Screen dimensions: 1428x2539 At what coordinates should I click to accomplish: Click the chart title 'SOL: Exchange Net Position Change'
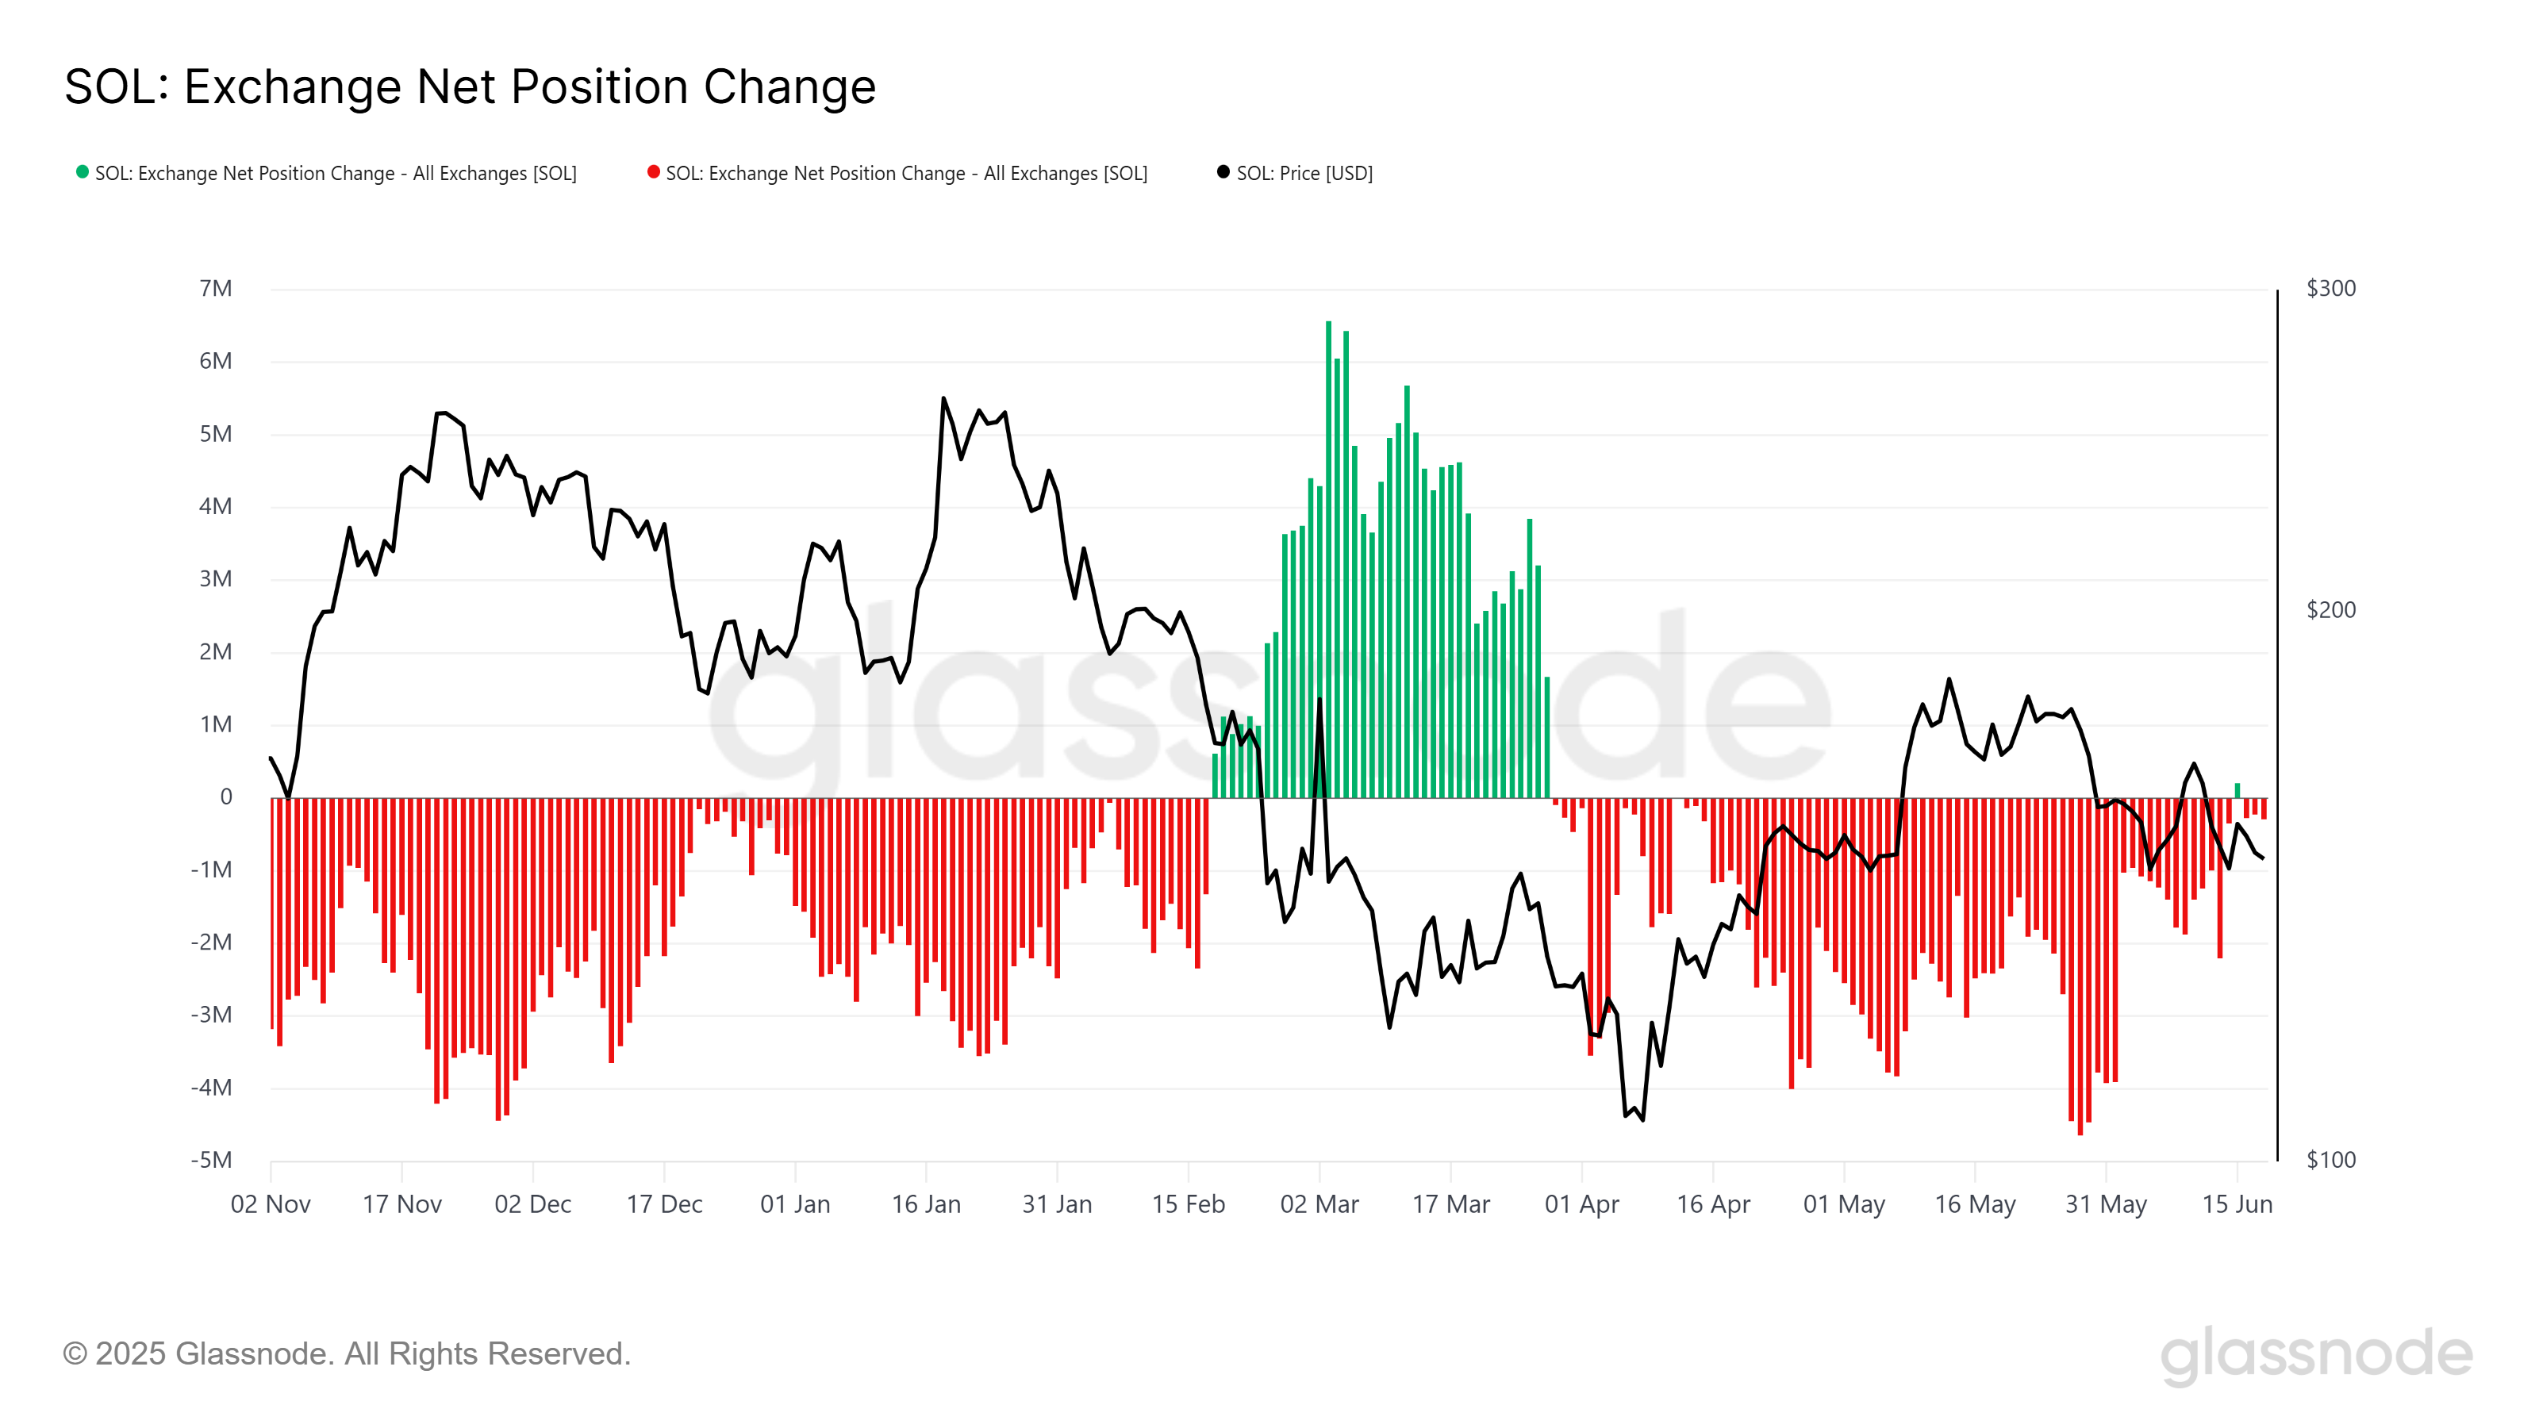coord(471,86)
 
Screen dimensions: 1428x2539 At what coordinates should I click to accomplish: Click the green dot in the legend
coord(83,172)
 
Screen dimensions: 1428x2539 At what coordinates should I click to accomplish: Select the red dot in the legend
coord(654,172)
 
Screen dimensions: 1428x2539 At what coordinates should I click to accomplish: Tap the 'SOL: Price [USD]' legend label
coord(1304,174)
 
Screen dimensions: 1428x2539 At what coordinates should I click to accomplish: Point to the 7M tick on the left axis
coord(216,289)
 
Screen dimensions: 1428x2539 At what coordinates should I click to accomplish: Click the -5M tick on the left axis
coord(212,1160)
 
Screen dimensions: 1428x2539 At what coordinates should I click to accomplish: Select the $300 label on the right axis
coord(2331,289)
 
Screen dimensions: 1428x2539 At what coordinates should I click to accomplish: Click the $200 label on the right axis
coord(2331,610)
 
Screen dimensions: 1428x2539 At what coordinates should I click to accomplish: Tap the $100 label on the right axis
coord(2331,1160)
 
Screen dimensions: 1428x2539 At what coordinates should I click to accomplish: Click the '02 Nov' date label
coord(271,1204)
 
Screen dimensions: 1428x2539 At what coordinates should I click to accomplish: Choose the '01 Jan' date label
coord(795,1204)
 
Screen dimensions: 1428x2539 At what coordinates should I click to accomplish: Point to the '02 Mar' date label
coord(1319,1204)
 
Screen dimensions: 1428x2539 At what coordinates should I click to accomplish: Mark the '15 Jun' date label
coord(2237,1204)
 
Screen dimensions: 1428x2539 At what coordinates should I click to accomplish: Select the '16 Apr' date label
coord(1713,1204)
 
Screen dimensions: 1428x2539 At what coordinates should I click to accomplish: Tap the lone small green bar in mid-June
coord(2237,790)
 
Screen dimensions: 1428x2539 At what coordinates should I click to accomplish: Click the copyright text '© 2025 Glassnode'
coord(346,1354)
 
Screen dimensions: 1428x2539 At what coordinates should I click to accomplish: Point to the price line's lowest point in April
coord(1643,1119)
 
